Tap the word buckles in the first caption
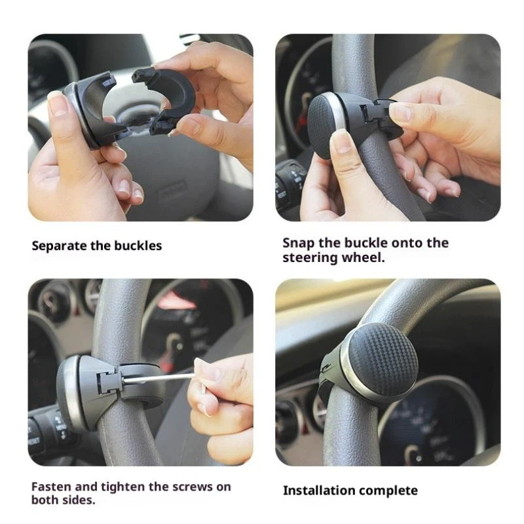click(138, 246)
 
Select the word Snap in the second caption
click(298, 243)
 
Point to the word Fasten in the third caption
click(51, 487)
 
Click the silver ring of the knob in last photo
click(345, 367)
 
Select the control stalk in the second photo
click(290, 183)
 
